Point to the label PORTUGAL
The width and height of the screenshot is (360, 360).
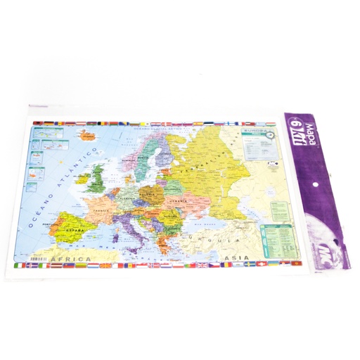(x=50, y=225)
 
